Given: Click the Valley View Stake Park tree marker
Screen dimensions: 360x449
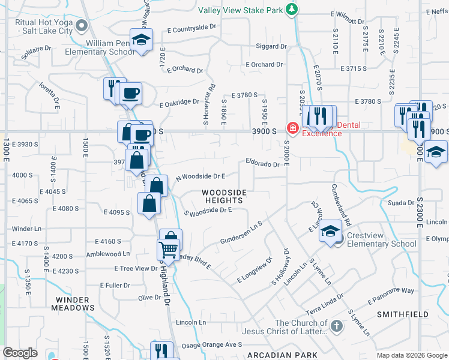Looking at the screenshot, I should (x=292, y=9).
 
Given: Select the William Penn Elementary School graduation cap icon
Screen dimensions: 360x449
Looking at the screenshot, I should (x=142, y=40).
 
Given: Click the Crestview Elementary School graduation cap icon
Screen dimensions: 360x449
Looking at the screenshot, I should (x=331, y=231).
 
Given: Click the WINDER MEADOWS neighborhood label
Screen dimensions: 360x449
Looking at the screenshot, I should (x=75, y=303).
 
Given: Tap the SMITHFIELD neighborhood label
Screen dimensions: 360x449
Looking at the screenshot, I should (x=402, y=314).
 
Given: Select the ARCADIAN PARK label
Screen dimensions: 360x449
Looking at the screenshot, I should (x=285, y=355).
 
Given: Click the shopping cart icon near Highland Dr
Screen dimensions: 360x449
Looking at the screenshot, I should (x=169, y=248).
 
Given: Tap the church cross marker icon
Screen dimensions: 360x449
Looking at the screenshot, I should (x=337, y=326).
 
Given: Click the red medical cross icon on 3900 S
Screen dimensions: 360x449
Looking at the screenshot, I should (x=292, y=128).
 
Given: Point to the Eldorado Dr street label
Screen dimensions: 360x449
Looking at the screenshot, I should (x=262, y=163).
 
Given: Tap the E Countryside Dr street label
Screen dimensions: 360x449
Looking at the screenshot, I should (x=191, y=28).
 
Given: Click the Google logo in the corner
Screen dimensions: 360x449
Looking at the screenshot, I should (x=20, y=353).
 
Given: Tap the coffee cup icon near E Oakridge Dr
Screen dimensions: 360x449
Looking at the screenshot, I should (x=130, y=93).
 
